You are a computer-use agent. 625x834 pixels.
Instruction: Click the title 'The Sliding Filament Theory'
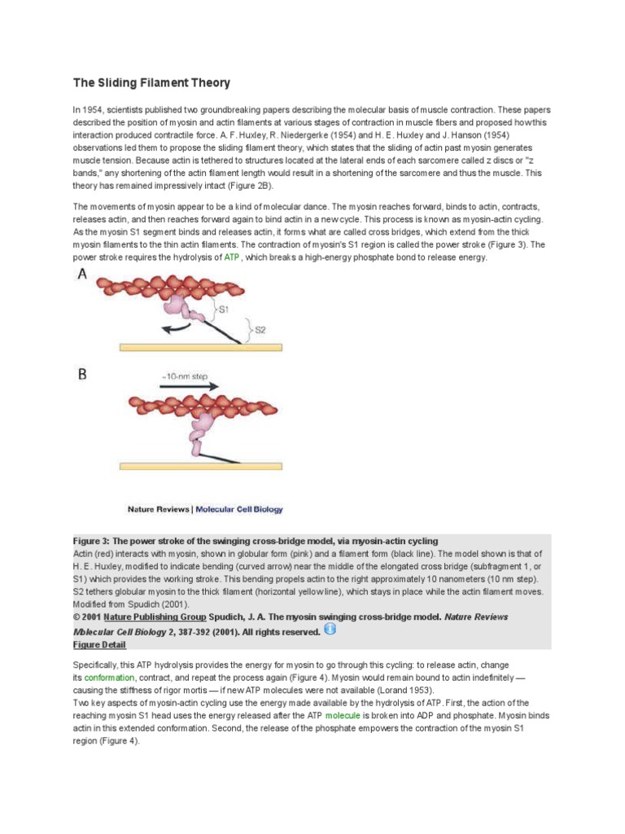point(152,82)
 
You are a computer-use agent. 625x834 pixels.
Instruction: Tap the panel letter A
point(82,276)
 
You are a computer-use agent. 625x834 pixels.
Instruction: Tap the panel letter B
point(83,375)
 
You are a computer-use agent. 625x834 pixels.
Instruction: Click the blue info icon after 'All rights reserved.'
point(330,629)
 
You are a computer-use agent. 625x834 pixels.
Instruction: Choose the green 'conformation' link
point(109,678)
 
